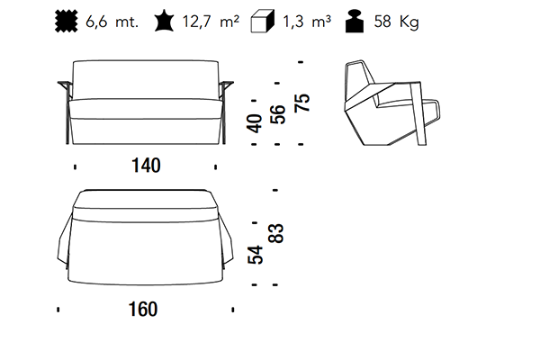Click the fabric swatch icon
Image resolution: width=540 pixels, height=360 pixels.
pyautogui.click(x=67, y=22)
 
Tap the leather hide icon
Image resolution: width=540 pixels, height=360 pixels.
pyautogui.click(x=164, y=21)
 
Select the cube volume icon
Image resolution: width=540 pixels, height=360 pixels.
pyautogui.click(x=263, y=22)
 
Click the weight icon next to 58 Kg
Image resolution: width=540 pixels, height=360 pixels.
pyautogui.click(x=355, y=22)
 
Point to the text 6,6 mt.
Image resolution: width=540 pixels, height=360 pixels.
pyautogui.click(x=112, y=22)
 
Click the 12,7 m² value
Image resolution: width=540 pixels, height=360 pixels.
pyautogui.click(x=211, y=22)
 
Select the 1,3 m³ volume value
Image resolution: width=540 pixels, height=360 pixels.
pyautogui.click(x=307, y=22)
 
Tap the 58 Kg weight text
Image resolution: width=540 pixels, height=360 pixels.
pyautogui.click(x=396, y=22)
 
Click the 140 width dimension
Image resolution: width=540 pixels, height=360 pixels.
pyautogui.click(x=146, y=166)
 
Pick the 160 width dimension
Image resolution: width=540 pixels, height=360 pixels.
pyautogui.click(x=143, y=309)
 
